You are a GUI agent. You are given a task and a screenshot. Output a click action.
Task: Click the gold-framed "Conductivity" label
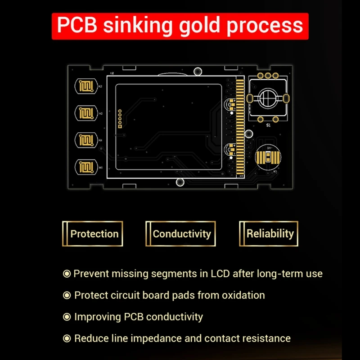coord(181,234)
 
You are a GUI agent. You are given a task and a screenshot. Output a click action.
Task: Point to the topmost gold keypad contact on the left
coord(85,87)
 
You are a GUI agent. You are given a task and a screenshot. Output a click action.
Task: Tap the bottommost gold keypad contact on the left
coord(85,166)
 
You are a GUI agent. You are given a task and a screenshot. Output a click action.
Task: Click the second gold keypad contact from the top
coord(85,113)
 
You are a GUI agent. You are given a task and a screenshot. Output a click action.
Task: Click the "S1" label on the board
coord(268,126)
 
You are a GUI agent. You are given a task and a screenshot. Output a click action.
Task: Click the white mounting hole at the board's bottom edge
coord(180,182)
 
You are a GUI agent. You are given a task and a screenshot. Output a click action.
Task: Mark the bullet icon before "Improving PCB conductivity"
coord(67,317)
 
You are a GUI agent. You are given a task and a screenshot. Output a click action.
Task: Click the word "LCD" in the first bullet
coord(220,273)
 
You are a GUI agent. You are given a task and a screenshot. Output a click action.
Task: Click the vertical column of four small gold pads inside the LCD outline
coord(120,118)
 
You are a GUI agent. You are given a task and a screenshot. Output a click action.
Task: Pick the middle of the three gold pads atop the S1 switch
coord(268,76)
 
